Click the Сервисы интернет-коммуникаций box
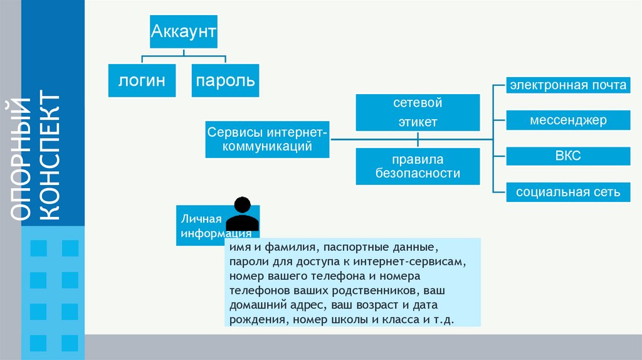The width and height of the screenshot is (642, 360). (x=268, y=140)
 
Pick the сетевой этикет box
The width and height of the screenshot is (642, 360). (x=418, y=112)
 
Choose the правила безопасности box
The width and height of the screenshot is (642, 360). (x=418, y=166)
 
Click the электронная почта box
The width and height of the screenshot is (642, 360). (x=568, y=85)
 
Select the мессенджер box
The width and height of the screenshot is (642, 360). (x=568, y=120)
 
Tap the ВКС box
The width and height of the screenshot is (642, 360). (x=568, y=156)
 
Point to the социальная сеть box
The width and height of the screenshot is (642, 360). (x=568, y=192)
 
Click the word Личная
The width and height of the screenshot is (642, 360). (x=202, y=219)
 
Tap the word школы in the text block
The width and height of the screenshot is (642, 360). (x=354, y=319)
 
